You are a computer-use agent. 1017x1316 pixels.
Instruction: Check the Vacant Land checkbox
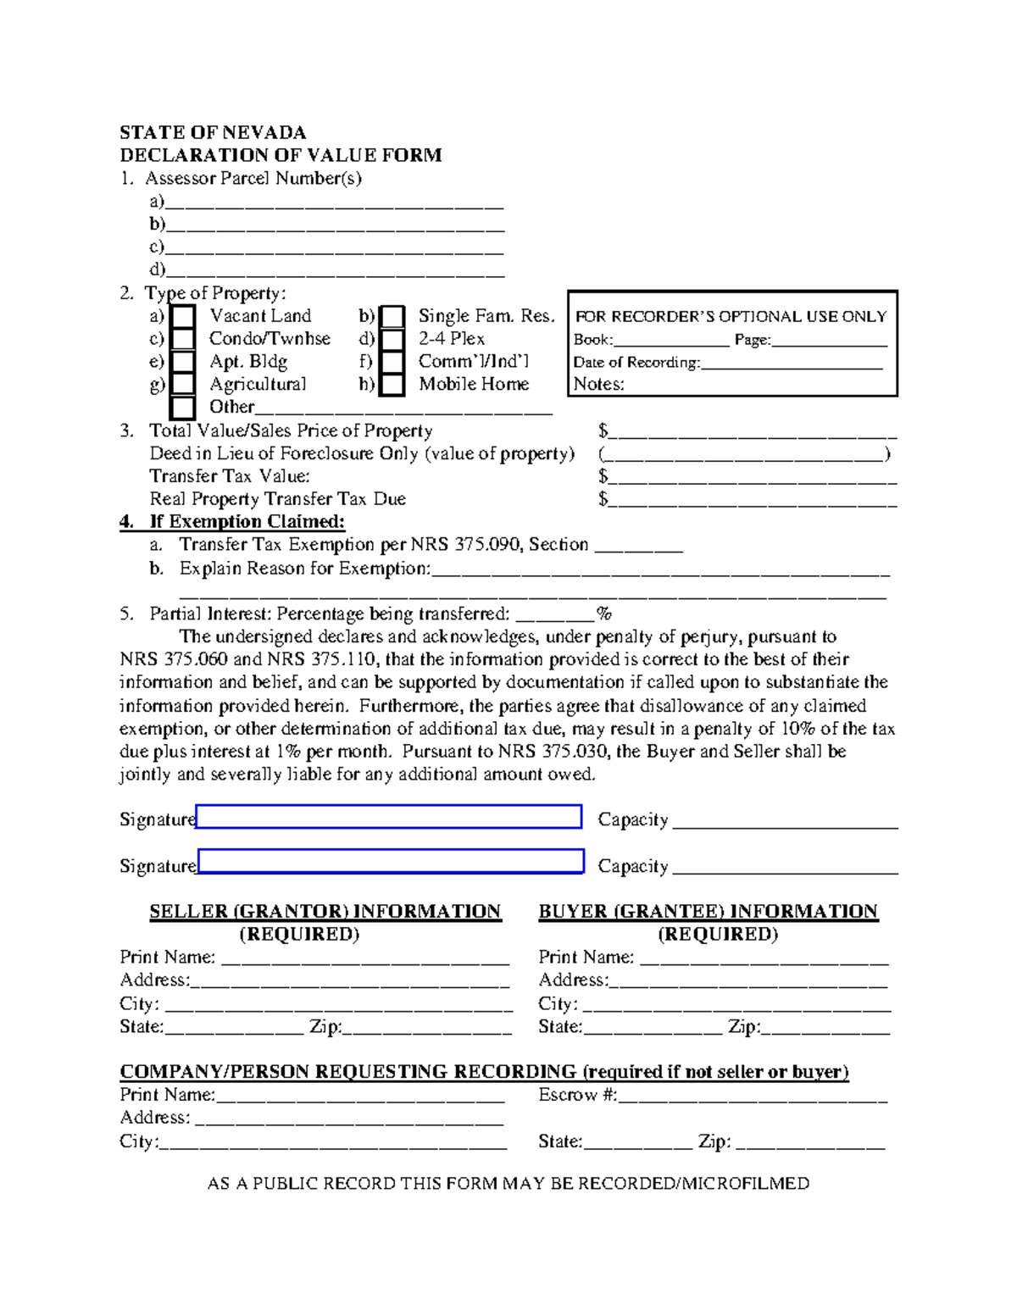click(x=182, y=317)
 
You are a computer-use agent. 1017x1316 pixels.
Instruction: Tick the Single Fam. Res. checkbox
click(x=392, y=317)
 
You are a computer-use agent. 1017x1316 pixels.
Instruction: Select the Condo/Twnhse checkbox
click(x=182, y=339)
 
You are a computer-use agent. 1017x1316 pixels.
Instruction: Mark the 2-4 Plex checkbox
click(x=392, y=340)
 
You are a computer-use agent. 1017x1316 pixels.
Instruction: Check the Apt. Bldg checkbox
click(x=182, y=362)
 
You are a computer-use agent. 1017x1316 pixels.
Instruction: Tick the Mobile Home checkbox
click(x=392, y=385)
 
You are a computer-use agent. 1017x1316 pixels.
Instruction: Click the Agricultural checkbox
click(x=182, y=385)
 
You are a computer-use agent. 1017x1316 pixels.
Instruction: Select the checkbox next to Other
click(x=182, y=408)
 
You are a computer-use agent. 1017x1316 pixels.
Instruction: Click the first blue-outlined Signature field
click(x=389, y=817)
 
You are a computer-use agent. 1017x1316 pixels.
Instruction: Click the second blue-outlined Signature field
click(x=391, y=861)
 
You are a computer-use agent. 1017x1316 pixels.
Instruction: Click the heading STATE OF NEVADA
click(x=213, y=132)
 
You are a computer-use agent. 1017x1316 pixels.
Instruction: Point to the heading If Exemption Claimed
click(x=247, y=522)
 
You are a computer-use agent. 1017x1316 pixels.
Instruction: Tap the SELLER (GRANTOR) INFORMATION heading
click(x=325, y=912)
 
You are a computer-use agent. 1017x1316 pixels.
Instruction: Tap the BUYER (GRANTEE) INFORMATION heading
click(x=709, y=912)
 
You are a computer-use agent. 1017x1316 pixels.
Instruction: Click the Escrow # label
click(x=577, y=1095)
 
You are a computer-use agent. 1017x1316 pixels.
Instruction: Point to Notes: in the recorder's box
click(x=598, y=384)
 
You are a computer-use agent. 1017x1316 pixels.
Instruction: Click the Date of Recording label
click(x=636, y=363)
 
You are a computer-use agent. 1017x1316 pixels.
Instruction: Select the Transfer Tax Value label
click(x=230, y=476)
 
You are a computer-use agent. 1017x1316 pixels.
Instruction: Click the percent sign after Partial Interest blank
click(x=604, y=614)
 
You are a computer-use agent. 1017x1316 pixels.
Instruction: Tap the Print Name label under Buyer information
click(x=586, y=958)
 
